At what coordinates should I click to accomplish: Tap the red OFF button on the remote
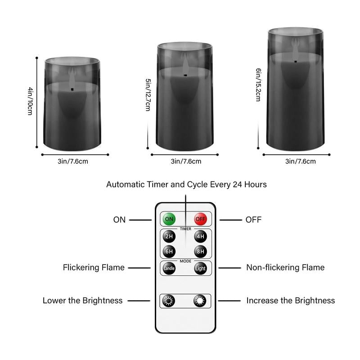pos(200,219)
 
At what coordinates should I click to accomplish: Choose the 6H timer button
pos(169,252)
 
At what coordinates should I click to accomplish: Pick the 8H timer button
pos(200,252)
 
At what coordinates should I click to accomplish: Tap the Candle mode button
pos(169,268)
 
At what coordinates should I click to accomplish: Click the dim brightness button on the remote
pos(169,301)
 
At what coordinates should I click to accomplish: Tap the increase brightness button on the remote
pos(200,301)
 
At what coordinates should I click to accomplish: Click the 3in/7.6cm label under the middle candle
pos(186,161)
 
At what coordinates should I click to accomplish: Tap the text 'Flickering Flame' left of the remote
pos(94,267)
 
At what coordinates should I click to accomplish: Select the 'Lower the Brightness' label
pos(82,300)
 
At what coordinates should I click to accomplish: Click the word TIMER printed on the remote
pos(185,229)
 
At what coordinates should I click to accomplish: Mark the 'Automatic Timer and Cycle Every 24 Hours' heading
pos(186,184)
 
